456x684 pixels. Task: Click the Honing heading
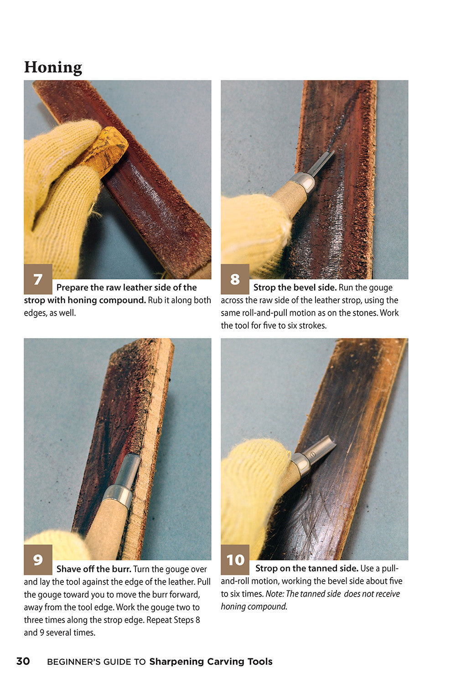tap(53, 67)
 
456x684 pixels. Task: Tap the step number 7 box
tap(38, 279)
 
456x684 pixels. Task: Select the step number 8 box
tap(235, 279)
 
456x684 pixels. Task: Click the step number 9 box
tap(38, 560)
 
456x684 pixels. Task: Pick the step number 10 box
tap(235, 560)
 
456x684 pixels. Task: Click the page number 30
tap(23, 661)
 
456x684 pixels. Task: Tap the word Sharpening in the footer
tap(176, 662)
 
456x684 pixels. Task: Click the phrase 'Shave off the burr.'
tap(93, 569)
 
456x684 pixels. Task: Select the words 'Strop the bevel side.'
tap(295, 287)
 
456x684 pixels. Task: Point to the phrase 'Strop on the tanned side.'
tap(306, 568)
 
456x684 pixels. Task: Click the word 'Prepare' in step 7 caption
tap(72, 287)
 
